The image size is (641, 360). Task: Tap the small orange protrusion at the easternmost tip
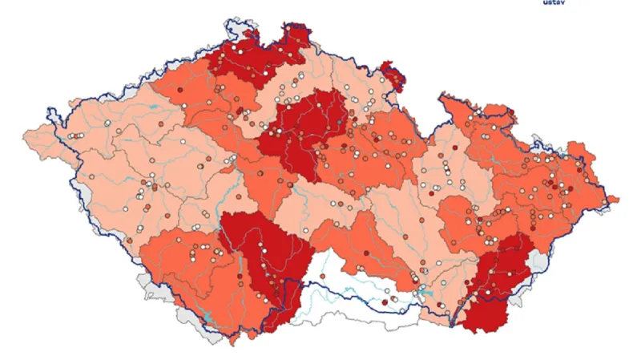[613, 198]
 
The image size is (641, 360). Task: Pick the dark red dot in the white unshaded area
[385, 301]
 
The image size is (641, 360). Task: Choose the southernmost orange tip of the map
[232, 341]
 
